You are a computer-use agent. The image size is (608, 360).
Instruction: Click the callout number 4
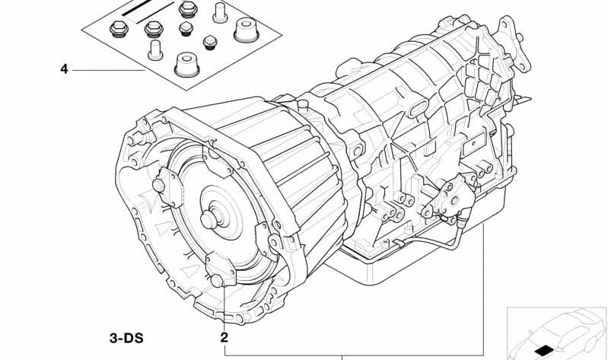point(64,69)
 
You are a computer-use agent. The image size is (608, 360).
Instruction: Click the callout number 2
point(224,337)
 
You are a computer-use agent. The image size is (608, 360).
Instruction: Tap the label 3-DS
point(126,338)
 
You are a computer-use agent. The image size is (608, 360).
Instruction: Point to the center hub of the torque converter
point(209,220)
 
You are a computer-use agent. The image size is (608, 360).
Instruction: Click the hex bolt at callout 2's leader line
point(217,281)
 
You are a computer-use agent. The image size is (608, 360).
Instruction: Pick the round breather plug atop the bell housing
point(303,105)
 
